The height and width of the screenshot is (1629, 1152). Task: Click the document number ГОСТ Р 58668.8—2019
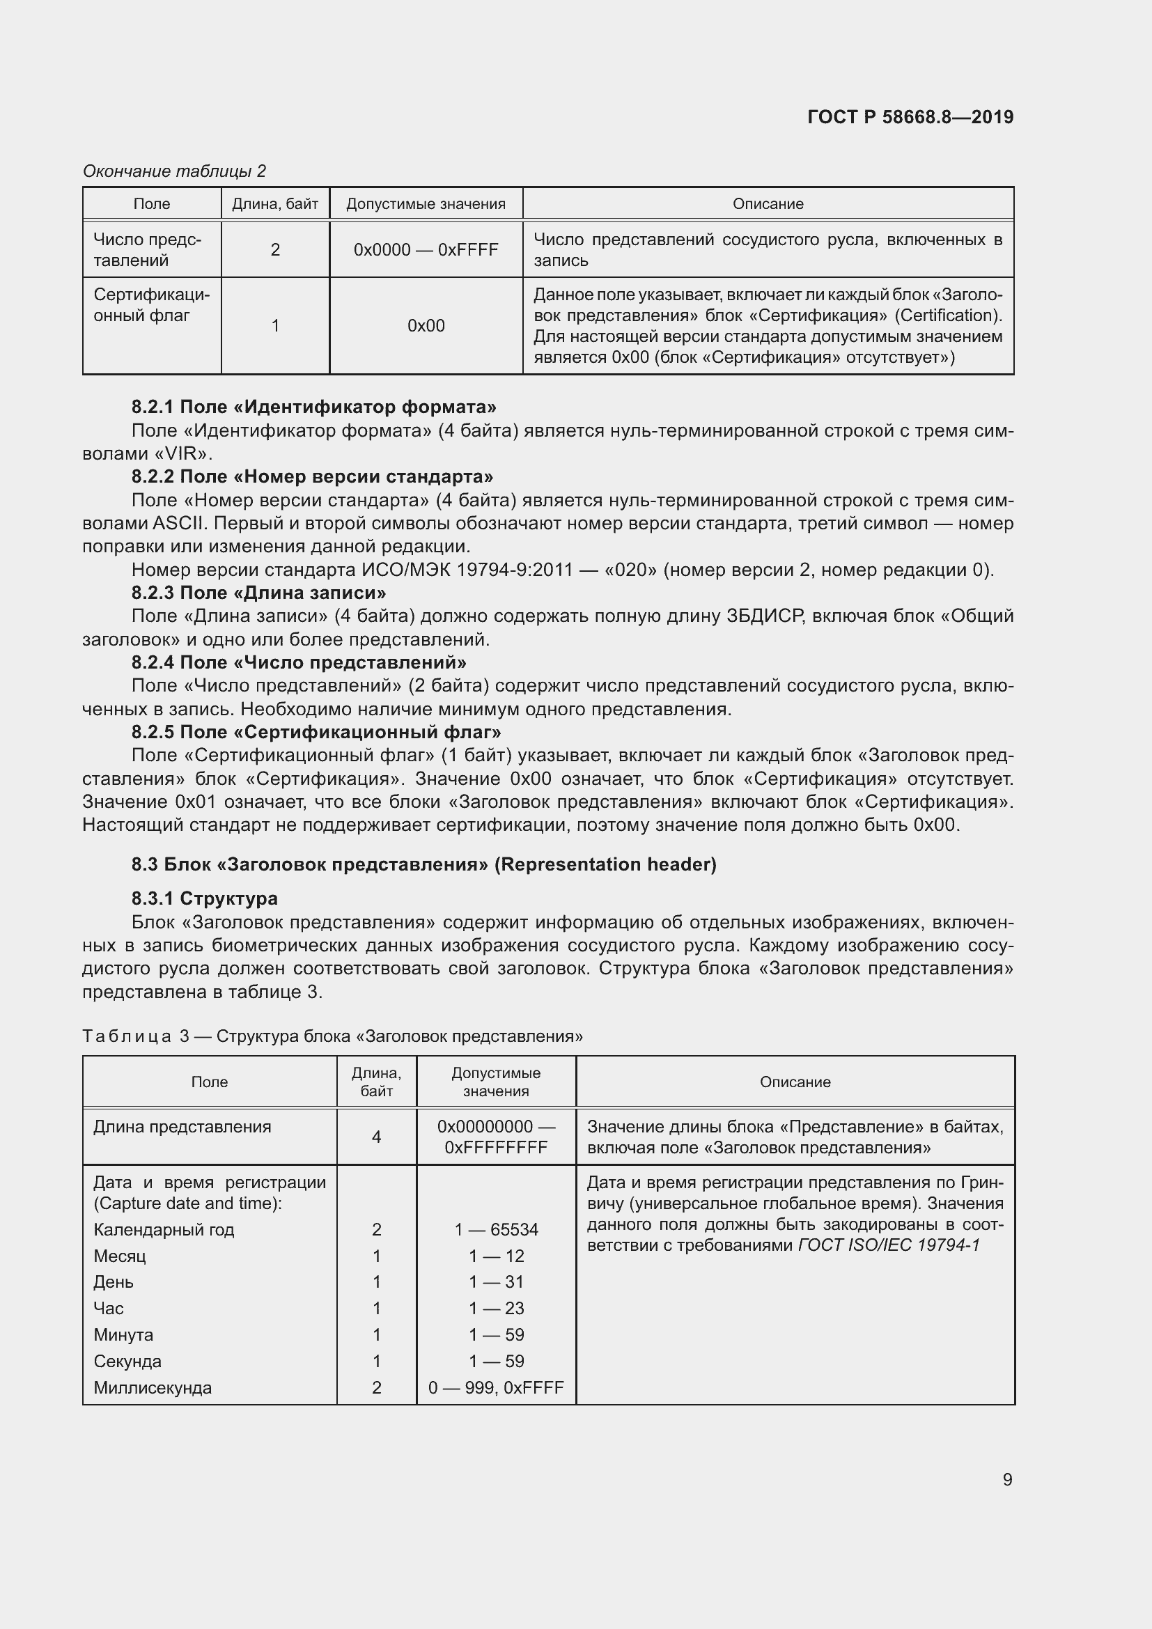[x=910, y=117]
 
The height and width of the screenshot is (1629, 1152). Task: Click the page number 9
[x=1007, y=1479]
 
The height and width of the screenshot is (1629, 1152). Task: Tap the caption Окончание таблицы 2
[x=175, y=171]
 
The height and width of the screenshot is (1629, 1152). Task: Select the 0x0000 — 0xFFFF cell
[x=426, y=250]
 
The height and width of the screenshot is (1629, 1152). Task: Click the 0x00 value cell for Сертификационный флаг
[x=426, y=326]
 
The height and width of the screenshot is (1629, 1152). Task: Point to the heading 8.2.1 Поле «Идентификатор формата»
[x=313, y=407]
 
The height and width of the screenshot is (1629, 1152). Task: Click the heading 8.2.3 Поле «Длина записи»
[x=259, y=593]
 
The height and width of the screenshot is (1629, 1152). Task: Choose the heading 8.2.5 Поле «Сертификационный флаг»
[x=316, y=731]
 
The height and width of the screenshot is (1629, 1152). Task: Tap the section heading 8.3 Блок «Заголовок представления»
[x=423, y=864]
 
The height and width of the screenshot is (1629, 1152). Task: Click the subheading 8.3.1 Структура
[x=204, y=898]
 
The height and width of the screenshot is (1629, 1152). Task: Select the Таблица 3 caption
[x=332, y=1036]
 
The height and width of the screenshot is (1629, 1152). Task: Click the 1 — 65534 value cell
[x=496, y=1229]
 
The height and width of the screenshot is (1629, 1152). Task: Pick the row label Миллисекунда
[x=153, y=1388]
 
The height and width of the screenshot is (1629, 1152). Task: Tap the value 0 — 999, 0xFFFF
[x=496, y=1388]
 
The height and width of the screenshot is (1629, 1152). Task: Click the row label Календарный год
[x=164, y=1229]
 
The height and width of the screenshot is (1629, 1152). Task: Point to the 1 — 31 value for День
[x=496, y=1282]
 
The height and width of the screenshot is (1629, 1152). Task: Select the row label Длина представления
[x=182, y=1127]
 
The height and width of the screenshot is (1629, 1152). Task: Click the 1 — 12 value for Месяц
[x=496, y=1256]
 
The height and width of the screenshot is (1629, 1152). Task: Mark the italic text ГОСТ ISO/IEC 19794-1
[x=889, y=1245]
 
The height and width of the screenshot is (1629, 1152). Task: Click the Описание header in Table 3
[x=795, y=1082]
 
